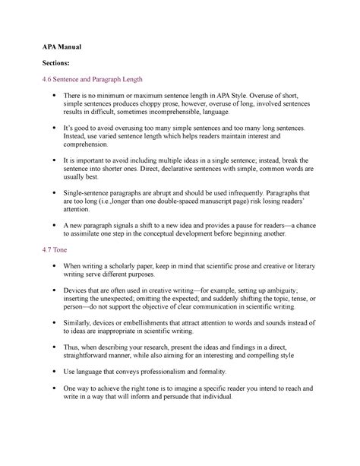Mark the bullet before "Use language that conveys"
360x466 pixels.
click(x=48, y=372)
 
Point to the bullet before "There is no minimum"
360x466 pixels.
click(x=48, y=94)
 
